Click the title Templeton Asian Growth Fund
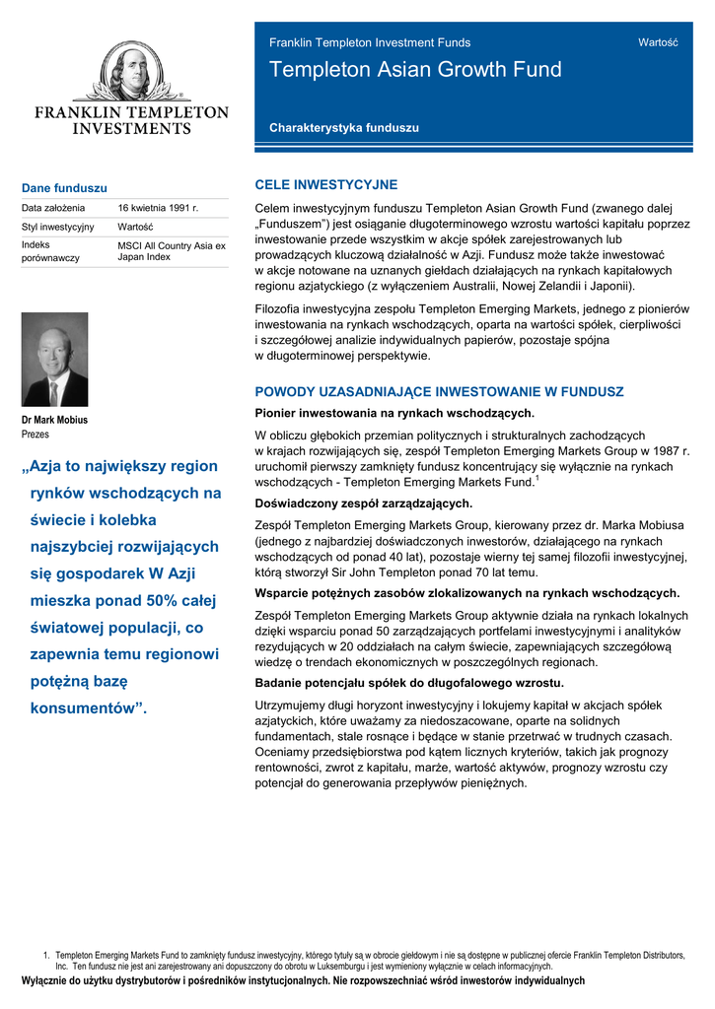pos(415,70)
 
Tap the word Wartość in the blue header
pos(658,42)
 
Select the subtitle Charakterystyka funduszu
pos(343,128)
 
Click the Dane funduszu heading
pos(64,188)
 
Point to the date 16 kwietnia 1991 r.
pos(158,208)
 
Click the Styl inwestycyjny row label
pos(57,227)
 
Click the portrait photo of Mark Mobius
pos(54,360)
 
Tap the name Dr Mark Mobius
pos(54,420)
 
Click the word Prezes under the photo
pos(36,434)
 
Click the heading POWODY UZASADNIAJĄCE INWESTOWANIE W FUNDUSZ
pos(439,392)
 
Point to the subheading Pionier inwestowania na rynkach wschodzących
pos(394,414)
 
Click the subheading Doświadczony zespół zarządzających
pos(364,504)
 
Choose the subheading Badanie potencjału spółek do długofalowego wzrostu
pos(409,683)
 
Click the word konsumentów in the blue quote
pos(83,707)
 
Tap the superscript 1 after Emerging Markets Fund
pos(536,479)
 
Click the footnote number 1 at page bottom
pos(45,956)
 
